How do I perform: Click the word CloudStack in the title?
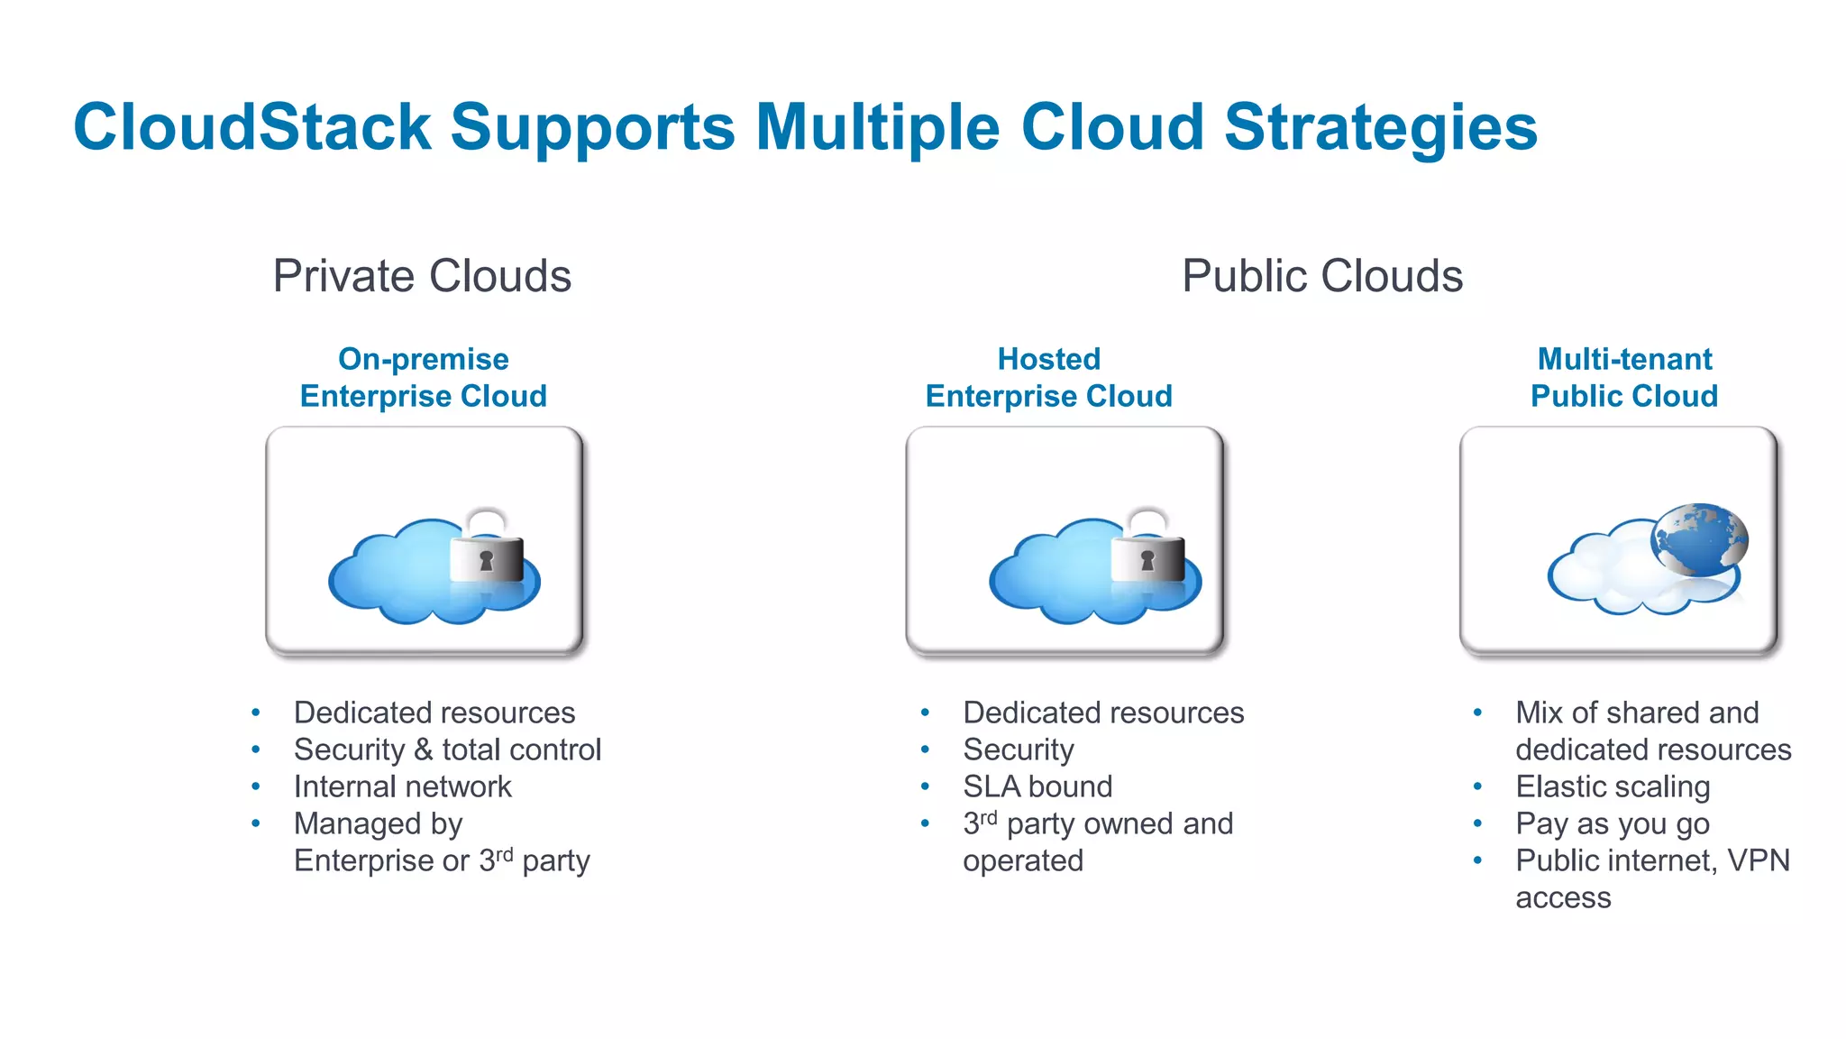(x=252, y=127)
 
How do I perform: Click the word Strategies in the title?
(x=1380, y=127)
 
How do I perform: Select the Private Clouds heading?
(x=422, y=276)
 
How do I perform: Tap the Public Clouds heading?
(x=1322, y=276)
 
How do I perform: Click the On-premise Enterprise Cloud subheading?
(x=423, y=378)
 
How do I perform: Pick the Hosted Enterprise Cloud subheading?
(x=1048, y=378)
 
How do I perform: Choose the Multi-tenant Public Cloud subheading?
(x=1624, y=378)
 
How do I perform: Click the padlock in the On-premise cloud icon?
(x=487, y=552)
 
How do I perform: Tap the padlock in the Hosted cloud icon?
(x=1147, y=552)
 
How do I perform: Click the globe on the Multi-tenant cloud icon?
(x=1699, y=539)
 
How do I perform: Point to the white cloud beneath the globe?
(x=1613, y=577)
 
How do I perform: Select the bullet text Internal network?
(x=402, y=786)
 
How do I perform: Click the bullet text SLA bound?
(x=1037, y=786)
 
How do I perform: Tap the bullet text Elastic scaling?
(x=1613, y=786)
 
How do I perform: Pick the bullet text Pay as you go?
(x=1613, y=823)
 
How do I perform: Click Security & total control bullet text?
(x=447, y=749)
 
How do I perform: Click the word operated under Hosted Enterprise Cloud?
(x=1023, y=860)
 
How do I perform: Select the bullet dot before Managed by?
(x=256, y=823)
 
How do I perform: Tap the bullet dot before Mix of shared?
(x=1477, y=713)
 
